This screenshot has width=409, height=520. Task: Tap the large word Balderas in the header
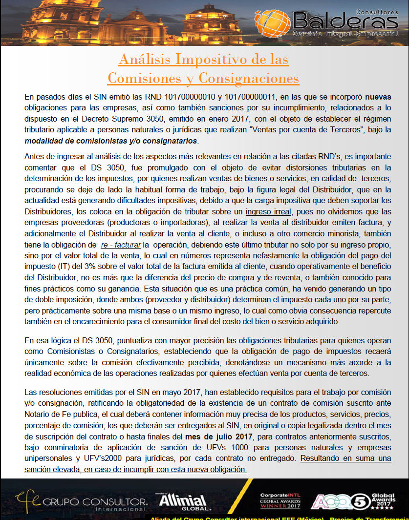[x=344, y=21]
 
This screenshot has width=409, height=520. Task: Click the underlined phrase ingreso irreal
[x=268, y=211]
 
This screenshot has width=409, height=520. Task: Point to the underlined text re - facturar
[x=121, y=244]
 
